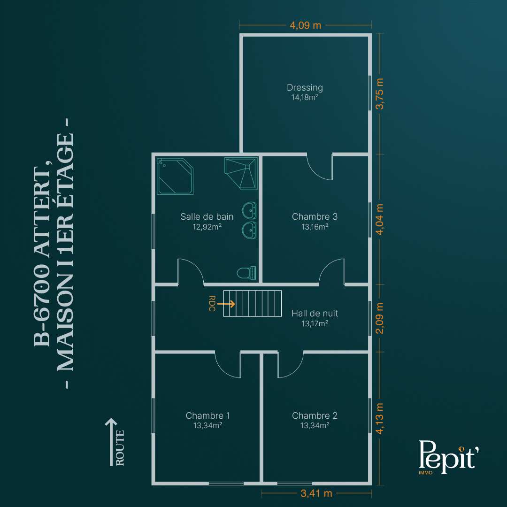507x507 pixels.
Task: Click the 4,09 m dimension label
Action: tap(305, 25)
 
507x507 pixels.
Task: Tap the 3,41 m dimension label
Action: tap(316, 493)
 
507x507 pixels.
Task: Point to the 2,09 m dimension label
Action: tap(380, 318)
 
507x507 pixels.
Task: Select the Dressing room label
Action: tap(305, 88)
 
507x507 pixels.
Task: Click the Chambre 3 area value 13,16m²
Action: tap(315, 227)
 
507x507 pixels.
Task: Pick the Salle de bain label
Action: tap(207, 216)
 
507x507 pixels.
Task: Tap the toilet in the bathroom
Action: tap(246, 273)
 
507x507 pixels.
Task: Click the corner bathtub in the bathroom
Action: tap(175, 176)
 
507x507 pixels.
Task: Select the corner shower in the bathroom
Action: tap(241, 173)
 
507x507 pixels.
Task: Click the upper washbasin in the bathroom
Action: tap(249, 210)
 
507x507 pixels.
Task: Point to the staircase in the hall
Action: tap(252, 303)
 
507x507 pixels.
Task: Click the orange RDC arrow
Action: tap(226, 304)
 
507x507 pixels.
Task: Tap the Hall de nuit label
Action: tap(315, 313)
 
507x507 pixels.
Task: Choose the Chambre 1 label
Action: tap(207, 415)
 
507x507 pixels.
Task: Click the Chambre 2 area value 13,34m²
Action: tap(315, 425)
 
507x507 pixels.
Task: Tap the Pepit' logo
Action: tap(448, 457)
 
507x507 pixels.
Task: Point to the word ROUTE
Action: tap(120, 448)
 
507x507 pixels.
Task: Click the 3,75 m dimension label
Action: tap(380, 94)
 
